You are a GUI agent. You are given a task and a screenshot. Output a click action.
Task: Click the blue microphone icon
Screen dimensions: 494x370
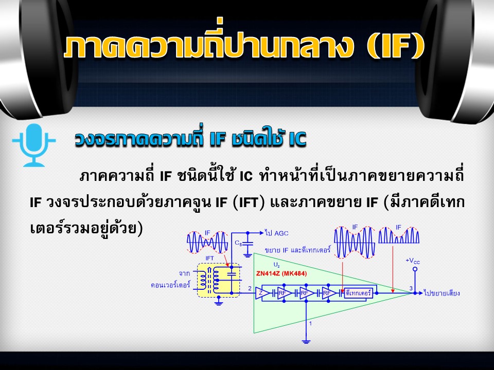click(x=34, y=145)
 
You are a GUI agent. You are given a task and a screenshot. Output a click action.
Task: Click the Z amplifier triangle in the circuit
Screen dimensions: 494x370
click(x=262, y=293)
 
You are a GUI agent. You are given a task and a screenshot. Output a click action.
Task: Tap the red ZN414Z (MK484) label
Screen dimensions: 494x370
click(x=281, y=273)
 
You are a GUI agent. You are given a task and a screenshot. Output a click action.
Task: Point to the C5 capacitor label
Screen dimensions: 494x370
click(x=238, y=243)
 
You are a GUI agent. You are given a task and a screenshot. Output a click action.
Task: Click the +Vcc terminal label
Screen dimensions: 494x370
click(x=412, y=261)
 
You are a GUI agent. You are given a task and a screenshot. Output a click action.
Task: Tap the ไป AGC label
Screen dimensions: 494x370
click(x=277, y=233)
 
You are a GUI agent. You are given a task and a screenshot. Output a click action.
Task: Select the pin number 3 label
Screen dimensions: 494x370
click(x=411, y=288)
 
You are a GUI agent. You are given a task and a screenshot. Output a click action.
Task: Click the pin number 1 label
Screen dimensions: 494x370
click(x=310, y=323)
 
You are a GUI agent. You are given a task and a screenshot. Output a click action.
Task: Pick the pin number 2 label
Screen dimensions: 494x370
click(x=250, y=288)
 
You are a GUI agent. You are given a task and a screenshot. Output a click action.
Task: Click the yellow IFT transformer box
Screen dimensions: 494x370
click(x=218, y=280)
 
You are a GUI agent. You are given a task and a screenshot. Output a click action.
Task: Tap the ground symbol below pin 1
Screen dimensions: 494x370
click(x=306, y=341)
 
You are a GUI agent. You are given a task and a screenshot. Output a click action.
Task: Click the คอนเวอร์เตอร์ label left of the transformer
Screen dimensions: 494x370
click(x=170, y=285)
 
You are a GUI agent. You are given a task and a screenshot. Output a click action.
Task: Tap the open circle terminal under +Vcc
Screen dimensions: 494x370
click(x=415, y=269)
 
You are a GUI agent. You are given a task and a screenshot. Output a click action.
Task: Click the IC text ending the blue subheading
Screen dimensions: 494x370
click(x=297, y=139)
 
